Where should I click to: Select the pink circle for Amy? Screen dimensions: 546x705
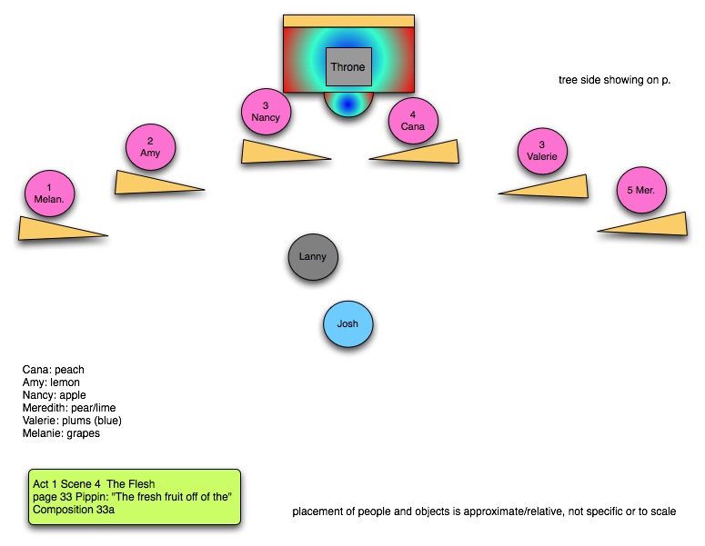[150, 147]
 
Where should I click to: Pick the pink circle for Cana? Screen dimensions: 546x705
[413, 122]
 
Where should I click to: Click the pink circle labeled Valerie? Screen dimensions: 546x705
[542, 151]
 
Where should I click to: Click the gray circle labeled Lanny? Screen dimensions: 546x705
[313, 257]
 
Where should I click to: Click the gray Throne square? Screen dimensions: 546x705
[348, 68]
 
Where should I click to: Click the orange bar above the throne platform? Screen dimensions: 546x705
[348, 20]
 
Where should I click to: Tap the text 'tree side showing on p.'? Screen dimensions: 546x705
[614, 80]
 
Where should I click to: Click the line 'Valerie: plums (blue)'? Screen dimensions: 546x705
[72, 421]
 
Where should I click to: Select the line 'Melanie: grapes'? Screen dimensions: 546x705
[61, 433]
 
